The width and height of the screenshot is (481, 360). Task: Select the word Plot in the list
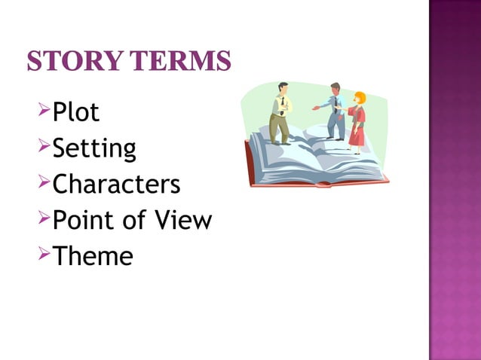pos(76,112)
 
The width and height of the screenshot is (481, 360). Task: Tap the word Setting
pos(94,148)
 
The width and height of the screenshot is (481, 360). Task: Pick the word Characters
pos(117,184)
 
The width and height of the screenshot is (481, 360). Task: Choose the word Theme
pos(93,256)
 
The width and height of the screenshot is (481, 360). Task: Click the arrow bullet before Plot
pos(42,111)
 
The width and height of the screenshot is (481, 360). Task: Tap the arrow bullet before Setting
pos(42,148)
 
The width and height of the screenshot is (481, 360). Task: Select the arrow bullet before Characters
pos(42,183)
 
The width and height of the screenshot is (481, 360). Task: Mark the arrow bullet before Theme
pos(42,255)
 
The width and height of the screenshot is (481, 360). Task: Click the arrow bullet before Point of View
pos(42,219)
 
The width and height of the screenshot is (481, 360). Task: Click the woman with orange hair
pos(357,121)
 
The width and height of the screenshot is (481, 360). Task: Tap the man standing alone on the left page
pos(280,113)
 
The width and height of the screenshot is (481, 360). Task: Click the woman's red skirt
pos(357,135)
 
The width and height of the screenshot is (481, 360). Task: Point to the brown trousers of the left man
pos(279,127)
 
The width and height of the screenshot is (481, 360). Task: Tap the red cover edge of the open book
pos(317,184)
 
